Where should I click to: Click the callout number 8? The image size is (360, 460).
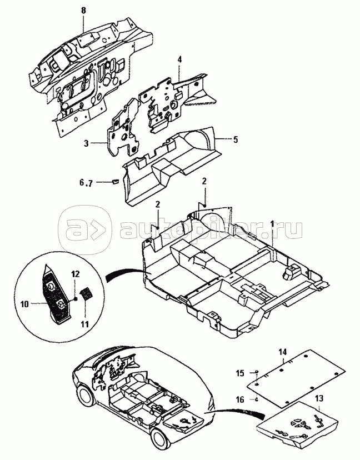(84, 11)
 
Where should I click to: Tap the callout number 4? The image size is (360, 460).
(179, 60)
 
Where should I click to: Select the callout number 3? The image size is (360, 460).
(86, 143)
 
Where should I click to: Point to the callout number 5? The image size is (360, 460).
(235, 139)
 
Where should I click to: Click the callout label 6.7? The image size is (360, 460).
(86, 183)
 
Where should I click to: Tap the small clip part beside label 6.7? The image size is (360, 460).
(114, 182)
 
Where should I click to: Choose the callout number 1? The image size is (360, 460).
(272, 224)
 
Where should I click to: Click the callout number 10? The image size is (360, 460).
(24, 304)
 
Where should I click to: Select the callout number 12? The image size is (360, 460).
(75, 274)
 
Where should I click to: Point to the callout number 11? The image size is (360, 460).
(84, 325)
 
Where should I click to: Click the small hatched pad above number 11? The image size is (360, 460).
(86, 294)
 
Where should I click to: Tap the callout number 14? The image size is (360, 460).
(283, 352)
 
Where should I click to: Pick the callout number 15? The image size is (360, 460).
(240, 373)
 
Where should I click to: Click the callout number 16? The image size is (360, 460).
(240, 399)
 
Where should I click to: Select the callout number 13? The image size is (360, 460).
(319, 398)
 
